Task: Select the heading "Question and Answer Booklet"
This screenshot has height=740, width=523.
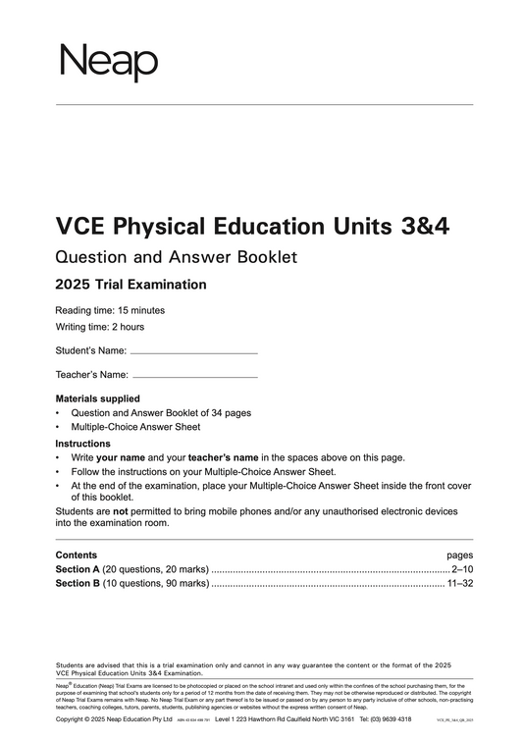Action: coord(177,258)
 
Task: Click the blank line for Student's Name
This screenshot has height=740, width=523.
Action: coord(194,351)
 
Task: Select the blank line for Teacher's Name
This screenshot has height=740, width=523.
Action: coord(194,376)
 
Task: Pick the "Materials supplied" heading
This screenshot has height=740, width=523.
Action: coord(98,399)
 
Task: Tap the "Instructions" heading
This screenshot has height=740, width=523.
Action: coord(83,444)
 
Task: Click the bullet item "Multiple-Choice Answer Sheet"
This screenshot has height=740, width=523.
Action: coord(135,428)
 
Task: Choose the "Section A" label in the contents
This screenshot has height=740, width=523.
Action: coord(78,569)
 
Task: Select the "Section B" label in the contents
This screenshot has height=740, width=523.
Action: coord(78,584)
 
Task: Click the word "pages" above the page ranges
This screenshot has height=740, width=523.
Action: coord(459,555)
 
